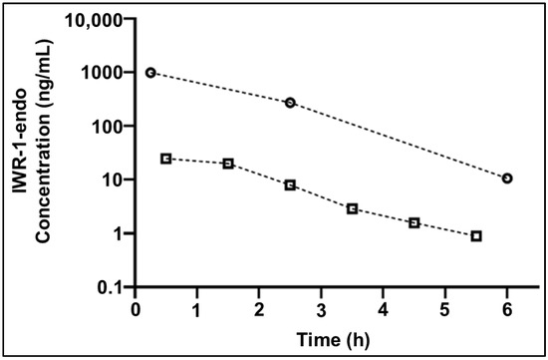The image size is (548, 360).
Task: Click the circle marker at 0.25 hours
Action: coord(150,73)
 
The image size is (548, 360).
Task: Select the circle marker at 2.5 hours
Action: coord(290,103)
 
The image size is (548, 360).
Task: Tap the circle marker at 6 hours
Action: coord(508,179)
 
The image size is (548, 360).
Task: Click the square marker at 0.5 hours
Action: coord(166,159)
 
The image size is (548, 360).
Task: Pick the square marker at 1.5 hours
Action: coord(228,164)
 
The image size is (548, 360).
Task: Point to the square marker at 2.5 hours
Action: coord(290,185)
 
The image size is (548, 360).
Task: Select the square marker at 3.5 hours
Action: coord(353,208)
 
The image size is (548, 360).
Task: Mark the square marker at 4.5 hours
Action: coord(414,222)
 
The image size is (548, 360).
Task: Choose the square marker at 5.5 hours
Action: coord(477,236)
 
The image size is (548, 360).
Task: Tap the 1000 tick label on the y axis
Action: coord(107,73)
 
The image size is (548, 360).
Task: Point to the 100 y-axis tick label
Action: coord(111,127)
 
